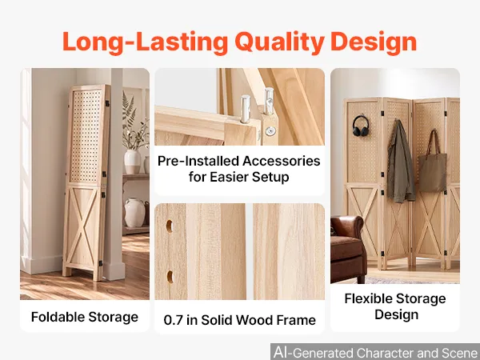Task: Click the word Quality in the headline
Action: tap(279, 42)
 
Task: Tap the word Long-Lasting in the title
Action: tap(146, 42)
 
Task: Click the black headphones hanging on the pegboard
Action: tap(360, 126)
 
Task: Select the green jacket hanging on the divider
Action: tap(400, 162)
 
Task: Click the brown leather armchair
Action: tap(348, 248)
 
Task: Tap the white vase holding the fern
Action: tap(133, 162)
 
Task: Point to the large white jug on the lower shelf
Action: tap(134, 213)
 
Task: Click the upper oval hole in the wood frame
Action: tap(170, 226)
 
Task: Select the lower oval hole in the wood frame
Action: tap(170, 277)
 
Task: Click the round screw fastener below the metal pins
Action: tap(270, 131)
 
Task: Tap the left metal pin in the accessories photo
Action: tap(246, 109)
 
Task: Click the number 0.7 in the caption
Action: tap(174, 320)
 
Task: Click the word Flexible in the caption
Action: tap(369, 298)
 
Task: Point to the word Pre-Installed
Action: tap(198, 161)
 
